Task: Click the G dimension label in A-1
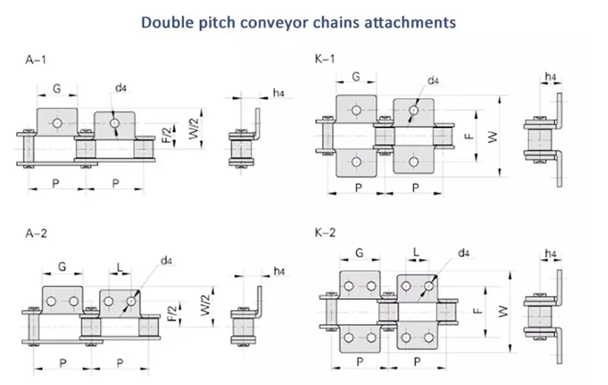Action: [57, 88]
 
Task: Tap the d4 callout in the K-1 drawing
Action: [433, 80]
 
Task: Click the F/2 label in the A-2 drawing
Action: [170, 313]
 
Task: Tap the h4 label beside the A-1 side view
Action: [277, 93]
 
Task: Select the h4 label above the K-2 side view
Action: [551, 256]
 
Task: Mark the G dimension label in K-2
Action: [358, 254]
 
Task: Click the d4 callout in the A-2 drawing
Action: [167, 260]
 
